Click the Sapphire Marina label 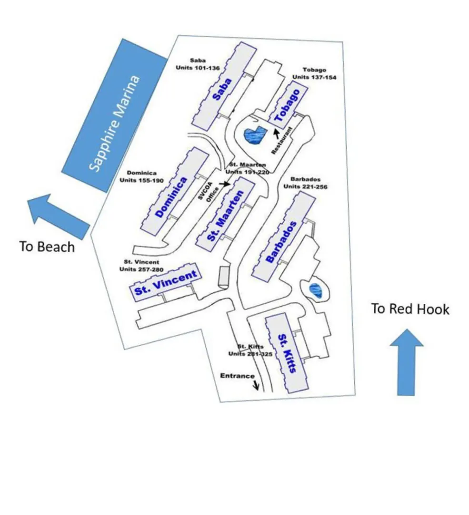(x=115, y=123)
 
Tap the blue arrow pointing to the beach (x=57, y=215)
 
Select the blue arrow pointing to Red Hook (x=406, y=362)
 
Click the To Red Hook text (x=410, y=309)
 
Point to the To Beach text (x=47, y=247)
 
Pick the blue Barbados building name (x=281, y=242)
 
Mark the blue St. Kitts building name (x=288, y=353)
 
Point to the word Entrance (x=237, y=376)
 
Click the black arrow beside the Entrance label (x=256, y=385)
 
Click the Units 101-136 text (x=198, y=68)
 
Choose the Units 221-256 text (x=305, y=186)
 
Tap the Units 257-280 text (x=141, y=269)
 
